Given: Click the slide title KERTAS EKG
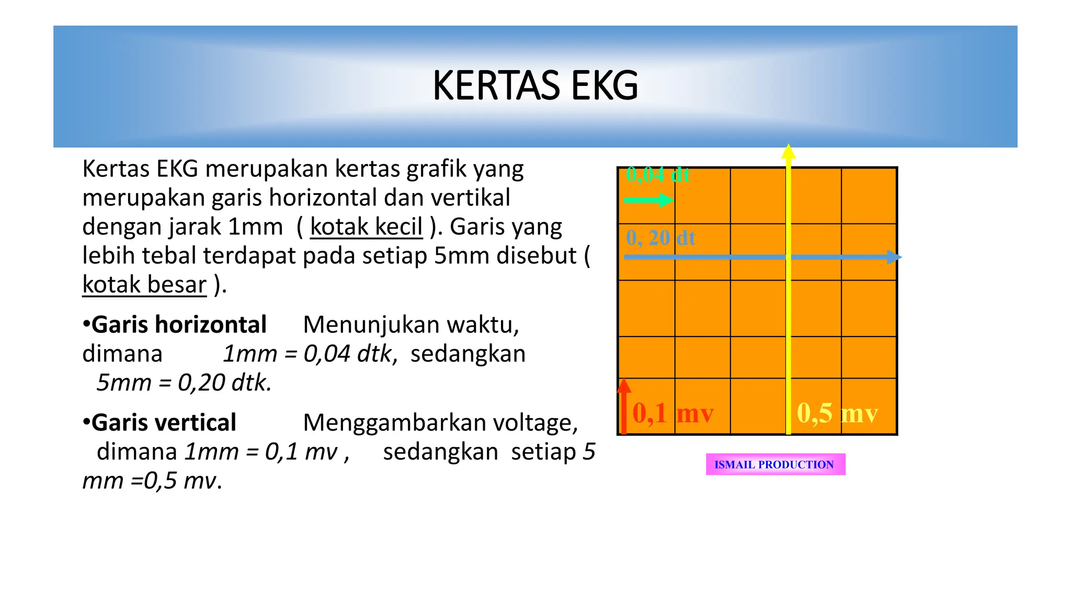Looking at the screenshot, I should click(x=535, y=86).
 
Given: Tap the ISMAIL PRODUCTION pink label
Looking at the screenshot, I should click(x=775, y=464).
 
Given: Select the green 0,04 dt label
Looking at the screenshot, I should click(x=658, y=175).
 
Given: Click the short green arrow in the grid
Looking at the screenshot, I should click(x=648, y=200).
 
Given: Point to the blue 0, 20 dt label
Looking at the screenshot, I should click(x=660, y=238).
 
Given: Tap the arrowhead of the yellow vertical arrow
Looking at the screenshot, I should click(x=788, y=151).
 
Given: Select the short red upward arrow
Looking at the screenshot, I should click(x=623, y=406).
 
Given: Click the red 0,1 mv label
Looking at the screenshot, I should click(x=673, y=413).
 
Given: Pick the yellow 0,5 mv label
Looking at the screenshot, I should click(x=837, y=413).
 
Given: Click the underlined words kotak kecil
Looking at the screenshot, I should click(x=366, y=227).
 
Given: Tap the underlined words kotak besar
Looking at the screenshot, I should click(x=144, y=285).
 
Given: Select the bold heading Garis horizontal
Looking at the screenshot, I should click(x=178, y=325).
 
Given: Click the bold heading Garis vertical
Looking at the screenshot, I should click(x=163, y=422).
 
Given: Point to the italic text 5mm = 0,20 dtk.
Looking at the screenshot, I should click(x=184, y=383).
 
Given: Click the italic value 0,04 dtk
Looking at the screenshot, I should click(x=348, y=354).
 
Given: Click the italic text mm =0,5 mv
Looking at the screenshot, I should click(x=152, y=481).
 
